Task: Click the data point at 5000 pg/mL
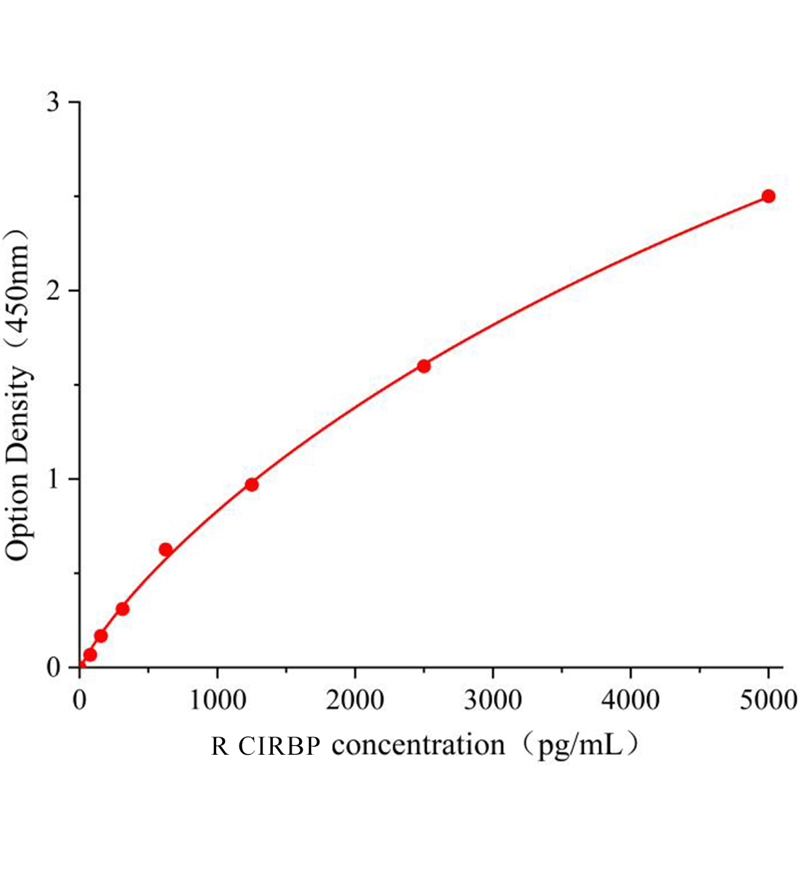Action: pos(768,196)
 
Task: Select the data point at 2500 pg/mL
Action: pos(424,365)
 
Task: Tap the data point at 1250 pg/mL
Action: pos(252,484)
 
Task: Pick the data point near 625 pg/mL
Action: pos(165,550)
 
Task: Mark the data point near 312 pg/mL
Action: pos(123,608)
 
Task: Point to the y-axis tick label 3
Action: pos(52,102)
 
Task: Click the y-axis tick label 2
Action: pos(52,291)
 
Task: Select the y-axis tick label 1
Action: pos(52,479)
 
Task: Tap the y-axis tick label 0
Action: pos(52,668)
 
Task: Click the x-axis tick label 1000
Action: pos(217,700)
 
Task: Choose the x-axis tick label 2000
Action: pos(355,700)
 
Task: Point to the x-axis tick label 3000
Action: pos(493,700)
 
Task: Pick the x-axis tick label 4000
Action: pos(630,700)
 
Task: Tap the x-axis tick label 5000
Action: pos(768,700)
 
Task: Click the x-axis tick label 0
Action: pos(80,700)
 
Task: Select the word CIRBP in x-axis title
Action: pos(279,746)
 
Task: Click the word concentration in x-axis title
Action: pos(418,746)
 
